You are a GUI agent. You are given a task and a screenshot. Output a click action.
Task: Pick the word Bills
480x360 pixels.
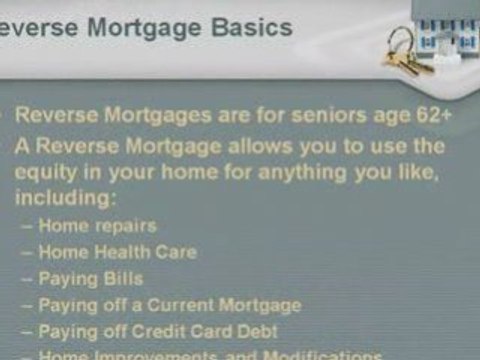122,279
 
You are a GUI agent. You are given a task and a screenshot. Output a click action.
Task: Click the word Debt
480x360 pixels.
255,331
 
